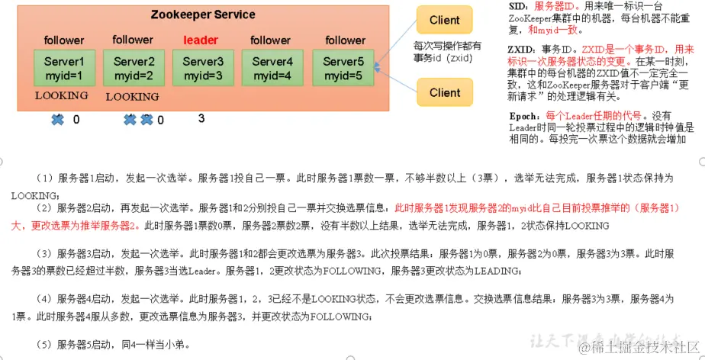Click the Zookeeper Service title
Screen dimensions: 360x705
point(202,14)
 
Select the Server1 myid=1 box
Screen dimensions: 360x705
point(63,68)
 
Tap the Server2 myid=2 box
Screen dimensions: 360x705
point(134,68)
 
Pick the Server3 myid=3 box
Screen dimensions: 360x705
point(202,68)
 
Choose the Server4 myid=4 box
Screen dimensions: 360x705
point(272,68)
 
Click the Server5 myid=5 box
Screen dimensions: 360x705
point(342,68)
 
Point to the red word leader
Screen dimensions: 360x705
point(201,40)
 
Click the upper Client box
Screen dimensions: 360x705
point(445,21)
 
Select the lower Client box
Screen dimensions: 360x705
point(445,93)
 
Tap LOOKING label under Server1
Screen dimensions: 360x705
point(62,96)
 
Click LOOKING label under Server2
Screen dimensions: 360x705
point(132,97)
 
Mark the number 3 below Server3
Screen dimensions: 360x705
point(201,118)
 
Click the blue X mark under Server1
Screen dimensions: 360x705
point(57,119)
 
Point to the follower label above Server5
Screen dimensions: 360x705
point(345,40)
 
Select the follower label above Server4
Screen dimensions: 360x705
point(272,40)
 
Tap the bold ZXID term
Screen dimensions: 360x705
point(522,49)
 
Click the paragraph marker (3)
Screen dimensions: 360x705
point(43,253)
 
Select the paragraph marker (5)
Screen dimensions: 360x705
point(43,345)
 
